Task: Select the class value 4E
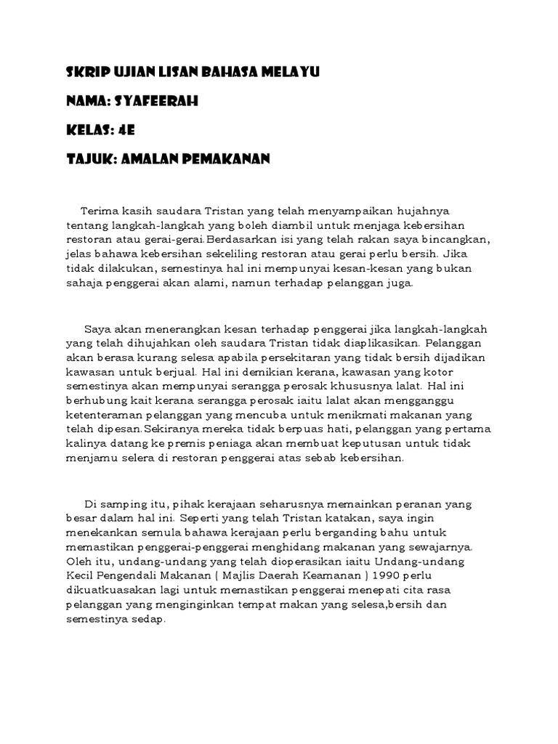(x=125, y=131)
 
